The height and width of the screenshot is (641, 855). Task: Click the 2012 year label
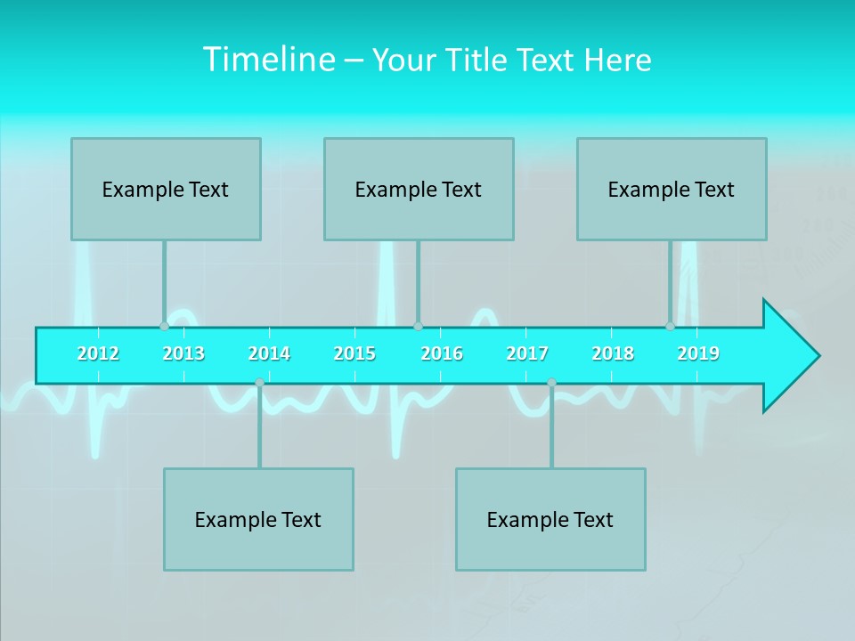tap(98, 353)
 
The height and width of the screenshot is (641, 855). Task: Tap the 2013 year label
tap(183, 353)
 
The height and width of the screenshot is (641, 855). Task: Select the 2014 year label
tap(269, 353)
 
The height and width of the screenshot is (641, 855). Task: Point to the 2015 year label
tap(354, 353)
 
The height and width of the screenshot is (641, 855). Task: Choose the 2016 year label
tap(442, 353)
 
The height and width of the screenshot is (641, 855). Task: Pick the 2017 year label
tap(527, 353)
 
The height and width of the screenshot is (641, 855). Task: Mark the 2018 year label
tap(613, 353)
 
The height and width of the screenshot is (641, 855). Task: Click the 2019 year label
tap(698, 353)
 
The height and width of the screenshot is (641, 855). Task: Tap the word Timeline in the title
tap(267, 60)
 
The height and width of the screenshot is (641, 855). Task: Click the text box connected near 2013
tap(166, 189)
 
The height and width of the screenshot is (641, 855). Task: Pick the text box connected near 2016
tap(419, 189)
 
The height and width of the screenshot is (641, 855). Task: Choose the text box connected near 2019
tap(672, 189)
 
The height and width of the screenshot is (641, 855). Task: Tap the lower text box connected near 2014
tap(258, 519)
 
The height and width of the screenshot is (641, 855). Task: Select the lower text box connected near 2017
tap(550, 519)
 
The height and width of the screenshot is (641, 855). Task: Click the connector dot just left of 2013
tap(164, 327)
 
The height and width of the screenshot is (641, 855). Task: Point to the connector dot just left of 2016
tap(418, 327)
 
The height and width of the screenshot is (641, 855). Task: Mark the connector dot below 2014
tap(259, 383)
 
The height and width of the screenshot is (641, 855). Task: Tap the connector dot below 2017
tap(551, 383)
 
